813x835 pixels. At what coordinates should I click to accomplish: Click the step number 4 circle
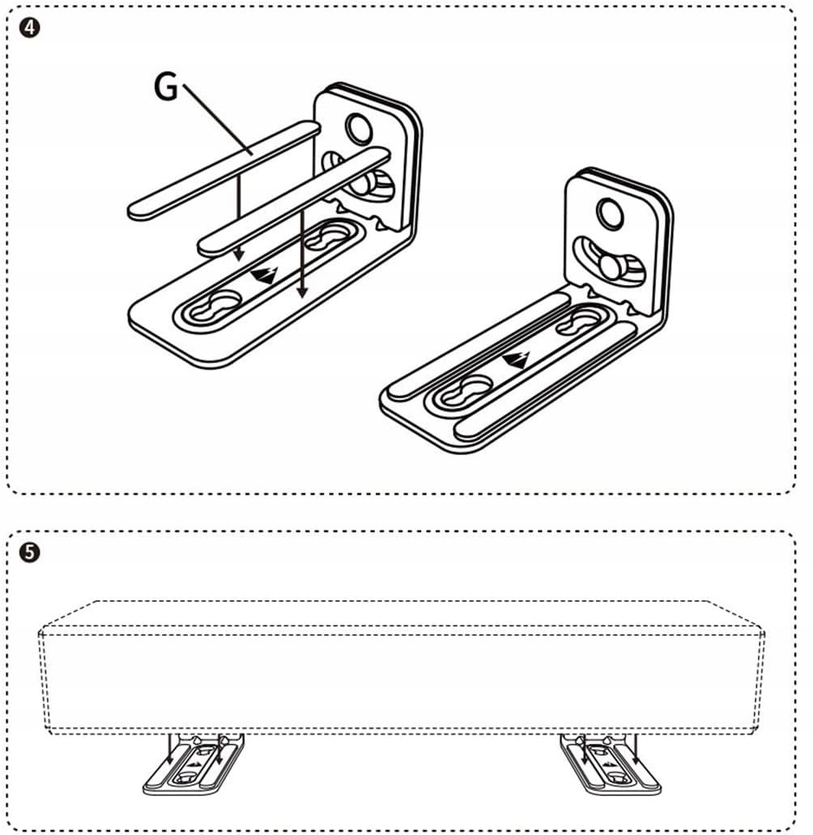pos(29,26)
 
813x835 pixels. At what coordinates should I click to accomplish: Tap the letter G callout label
pos(166,87)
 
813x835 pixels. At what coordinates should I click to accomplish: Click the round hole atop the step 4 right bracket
pos(609,212)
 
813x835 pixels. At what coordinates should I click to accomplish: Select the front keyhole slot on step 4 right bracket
pos(469,384)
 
